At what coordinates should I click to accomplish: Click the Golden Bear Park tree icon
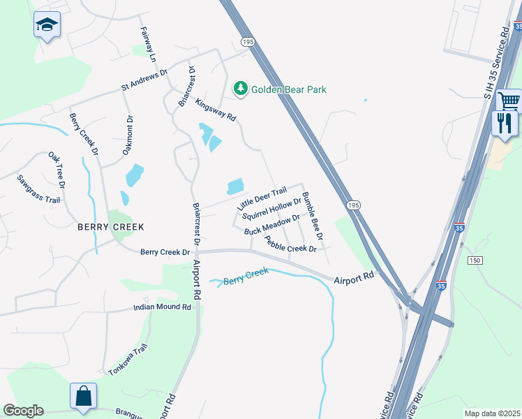coord(241,89)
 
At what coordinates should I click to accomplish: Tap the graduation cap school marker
coord(47,25)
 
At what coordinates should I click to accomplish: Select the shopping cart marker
coord(509,101)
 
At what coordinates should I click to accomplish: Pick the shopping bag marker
coord(83,395)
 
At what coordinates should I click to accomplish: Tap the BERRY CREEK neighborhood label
coord(111,227)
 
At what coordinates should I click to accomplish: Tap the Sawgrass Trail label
coord(39,189)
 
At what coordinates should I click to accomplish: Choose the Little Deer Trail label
coord(262,199)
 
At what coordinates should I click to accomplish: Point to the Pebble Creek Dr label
coord(291,244)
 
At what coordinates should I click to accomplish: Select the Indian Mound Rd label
coord(163,307)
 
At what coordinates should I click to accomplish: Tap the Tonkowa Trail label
coord(128,360)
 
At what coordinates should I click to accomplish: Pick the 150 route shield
coord(475,260)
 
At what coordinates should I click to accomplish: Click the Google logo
coord(23,410)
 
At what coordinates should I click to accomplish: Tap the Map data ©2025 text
coord(492,413)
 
